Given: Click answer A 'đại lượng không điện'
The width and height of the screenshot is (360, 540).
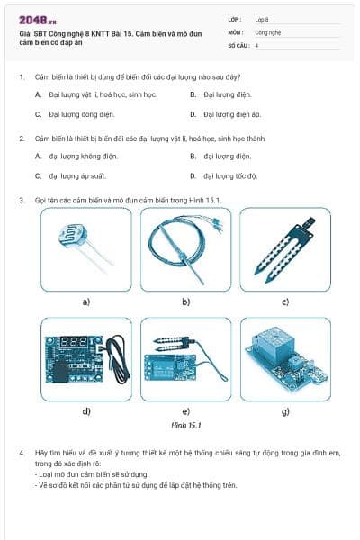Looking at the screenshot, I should click(x=77, y=156).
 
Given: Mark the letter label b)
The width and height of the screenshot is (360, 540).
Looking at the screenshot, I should click(x=185, y=301).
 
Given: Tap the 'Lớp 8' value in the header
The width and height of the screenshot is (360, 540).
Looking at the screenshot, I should click(x=262, y=18).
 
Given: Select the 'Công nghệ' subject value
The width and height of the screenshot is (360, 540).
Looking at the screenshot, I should click(x=268, y=31).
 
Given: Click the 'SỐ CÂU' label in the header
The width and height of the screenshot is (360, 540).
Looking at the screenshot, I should click(x=237, y=44).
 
